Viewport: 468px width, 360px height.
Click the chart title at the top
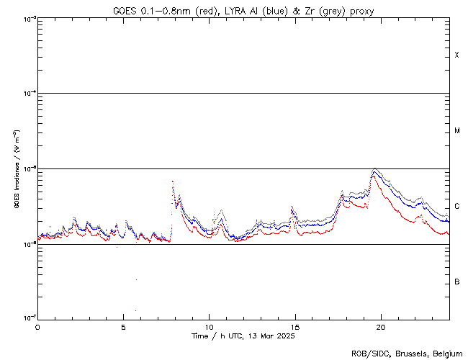click(x=243, y=10)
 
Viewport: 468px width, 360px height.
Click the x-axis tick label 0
click(x=37, y=326)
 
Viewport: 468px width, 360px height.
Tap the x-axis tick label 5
click(x=123, y=326)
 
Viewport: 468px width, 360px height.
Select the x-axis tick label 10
click(x=209, y=326)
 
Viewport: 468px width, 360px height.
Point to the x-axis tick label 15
click(x=294, y=326)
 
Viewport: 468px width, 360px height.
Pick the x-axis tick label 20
click(x=380, y=326)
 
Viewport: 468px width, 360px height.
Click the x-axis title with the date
click(x=243, y=336)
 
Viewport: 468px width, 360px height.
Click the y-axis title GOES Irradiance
click(x=16, y=168)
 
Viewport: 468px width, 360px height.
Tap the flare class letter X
click(x=456, y=55)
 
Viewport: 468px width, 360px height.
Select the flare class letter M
click(x=456, y=131)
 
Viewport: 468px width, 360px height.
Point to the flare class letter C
click(x=456, y=207)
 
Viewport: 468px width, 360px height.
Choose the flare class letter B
click(x=456, y=282)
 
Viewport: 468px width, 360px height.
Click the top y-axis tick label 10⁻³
click(x=27, y=19)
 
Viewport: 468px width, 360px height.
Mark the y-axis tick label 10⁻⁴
click(x=27, y=94)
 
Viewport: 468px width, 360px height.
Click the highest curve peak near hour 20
click(x=374, y=169)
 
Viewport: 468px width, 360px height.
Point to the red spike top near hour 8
click(x=173, y=181)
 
